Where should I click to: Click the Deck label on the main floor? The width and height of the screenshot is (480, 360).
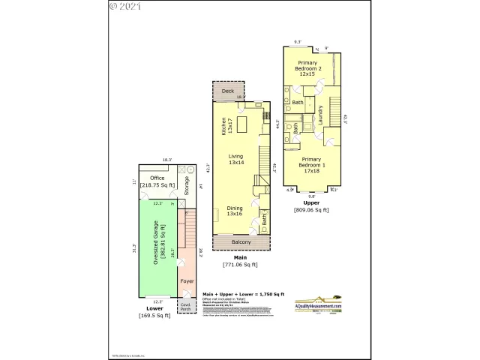pos(227,91)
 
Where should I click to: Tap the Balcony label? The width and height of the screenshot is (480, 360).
pos(241,242)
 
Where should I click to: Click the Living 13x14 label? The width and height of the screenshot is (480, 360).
pos(237,160)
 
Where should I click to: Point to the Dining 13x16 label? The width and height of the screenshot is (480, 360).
pos(235,211)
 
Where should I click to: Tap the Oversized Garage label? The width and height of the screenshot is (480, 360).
pos(156,241)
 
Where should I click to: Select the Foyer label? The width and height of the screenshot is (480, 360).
pos(187,282)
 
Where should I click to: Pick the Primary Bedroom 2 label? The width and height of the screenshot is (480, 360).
pos(307,68)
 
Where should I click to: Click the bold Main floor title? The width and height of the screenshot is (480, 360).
pos(240,257)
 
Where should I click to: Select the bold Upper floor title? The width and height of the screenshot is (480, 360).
pos(311,203)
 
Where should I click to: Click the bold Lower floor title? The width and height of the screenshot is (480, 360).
pos(155,308)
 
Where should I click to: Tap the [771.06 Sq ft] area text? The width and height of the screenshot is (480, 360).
pos(240,264)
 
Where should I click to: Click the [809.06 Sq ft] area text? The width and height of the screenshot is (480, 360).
pos(311,210)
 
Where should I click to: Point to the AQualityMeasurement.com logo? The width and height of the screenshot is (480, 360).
pos(317,302)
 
